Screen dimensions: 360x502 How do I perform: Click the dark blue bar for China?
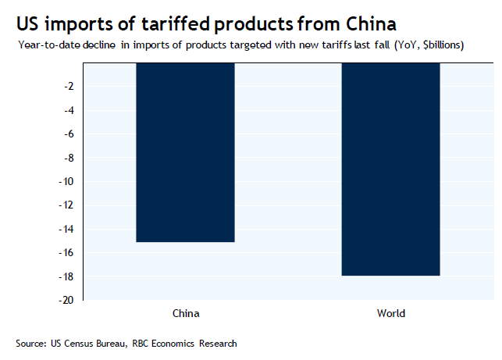click(185, 152)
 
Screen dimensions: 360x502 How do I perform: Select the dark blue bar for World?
click(391, 169)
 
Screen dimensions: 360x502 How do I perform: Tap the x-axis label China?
click(185, 314)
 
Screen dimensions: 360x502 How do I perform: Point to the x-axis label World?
click(391, 314)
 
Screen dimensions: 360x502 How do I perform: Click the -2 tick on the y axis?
click(69, 86)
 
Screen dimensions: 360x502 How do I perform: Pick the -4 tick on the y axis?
click(69, 110)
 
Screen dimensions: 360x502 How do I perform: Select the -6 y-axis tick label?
click(69, 134)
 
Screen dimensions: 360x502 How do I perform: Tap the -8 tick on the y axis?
click(69, 158)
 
